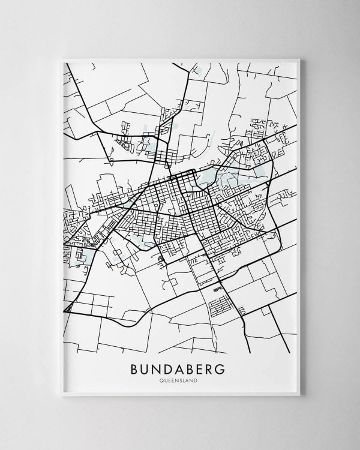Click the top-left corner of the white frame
(61, 59)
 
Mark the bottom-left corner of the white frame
(61, 396)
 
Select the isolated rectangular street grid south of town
(220, 306)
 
